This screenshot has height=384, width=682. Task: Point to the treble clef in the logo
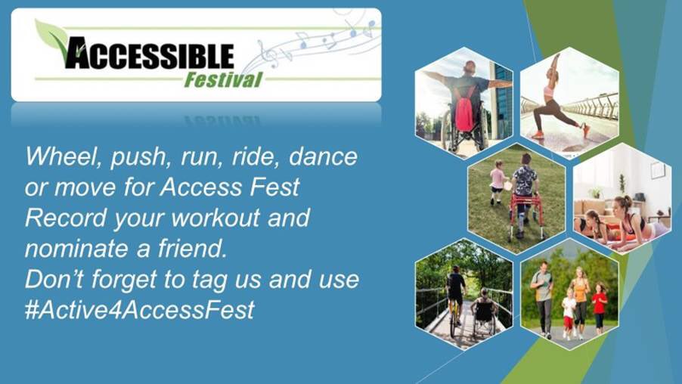pyautogui.click(x=268, y=54)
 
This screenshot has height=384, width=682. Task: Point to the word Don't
pyautogui.click(x=54, y=280)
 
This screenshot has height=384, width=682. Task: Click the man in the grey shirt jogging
pyautogui.click(x=543, y=299)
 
